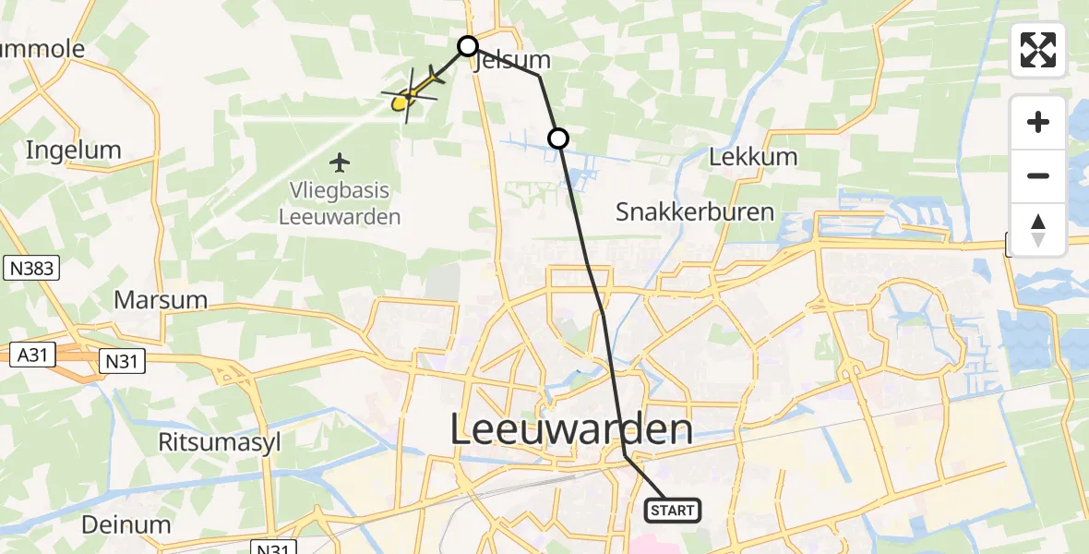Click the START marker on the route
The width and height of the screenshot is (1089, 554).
(x=673, y=510)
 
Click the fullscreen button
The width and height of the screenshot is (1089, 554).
(x=1038, y=50)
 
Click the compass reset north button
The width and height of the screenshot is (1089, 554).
(x=1038, y=230)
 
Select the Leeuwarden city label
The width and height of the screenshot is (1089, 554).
(x=572, y=430)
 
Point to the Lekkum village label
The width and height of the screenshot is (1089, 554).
(x=753, y=156)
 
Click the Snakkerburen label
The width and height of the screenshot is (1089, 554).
(x=695, y=212)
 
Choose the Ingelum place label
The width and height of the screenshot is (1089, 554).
(x=74, y=150)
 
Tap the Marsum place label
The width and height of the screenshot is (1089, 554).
(x=161, y=300)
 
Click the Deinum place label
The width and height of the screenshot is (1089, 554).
(x=126, y=525)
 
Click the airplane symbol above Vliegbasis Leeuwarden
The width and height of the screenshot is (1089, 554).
(x=341, y=163)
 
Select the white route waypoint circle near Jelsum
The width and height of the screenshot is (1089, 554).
(x=468, y=45)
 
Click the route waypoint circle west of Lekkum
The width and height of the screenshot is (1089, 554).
(x=557, y=139)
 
